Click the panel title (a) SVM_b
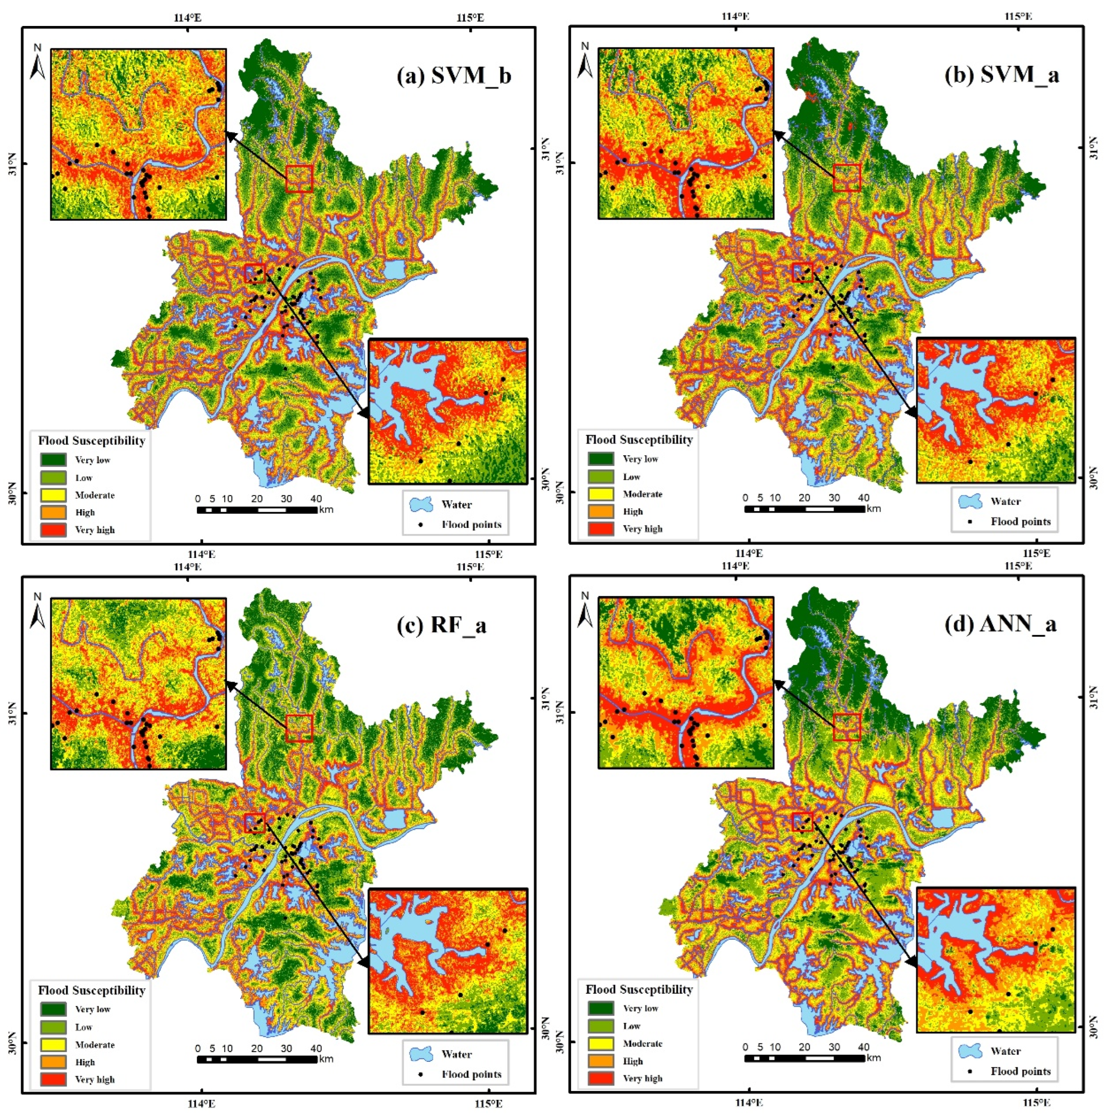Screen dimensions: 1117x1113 (454, 76)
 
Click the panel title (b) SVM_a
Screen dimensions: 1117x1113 (1001, 75)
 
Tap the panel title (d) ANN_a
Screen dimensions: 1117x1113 (1000, 624)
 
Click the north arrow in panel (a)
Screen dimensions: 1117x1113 (38, 61)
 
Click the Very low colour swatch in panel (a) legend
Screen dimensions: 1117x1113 (53, 460)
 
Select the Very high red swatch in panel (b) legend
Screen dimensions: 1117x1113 (600, 528)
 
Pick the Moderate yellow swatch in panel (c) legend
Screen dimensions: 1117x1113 (53, 1044)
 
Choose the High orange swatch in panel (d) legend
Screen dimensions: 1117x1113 (600, 1060)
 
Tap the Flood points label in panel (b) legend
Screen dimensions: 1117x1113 (1020, 521)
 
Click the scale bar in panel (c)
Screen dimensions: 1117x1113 (257, 1059)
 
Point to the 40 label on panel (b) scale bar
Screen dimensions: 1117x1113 (863, 498)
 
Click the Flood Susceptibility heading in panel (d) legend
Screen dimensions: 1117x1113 (639, 989)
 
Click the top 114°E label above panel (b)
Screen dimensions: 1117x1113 (736, 16)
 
